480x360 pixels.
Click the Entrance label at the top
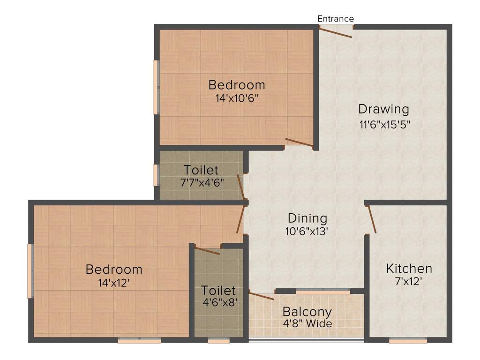point(335,19)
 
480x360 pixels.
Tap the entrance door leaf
point(336,32)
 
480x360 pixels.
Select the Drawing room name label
point(383,109)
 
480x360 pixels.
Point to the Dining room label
point(307,218)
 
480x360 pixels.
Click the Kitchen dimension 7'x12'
point(408,282)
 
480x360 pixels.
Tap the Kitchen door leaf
point(372,219)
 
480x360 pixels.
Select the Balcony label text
point(307,312)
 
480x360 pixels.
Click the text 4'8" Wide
point(307,324)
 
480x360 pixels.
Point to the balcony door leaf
point(261,295)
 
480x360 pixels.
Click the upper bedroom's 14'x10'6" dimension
point(236,98)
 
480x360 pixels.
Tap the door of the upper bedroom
point(299,143)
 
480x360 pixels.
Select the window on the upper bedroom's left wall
point(156,87)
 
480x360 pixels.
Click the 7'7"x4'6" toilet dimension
point(202,182)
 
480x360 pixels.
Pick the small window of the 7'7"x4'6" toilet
point(156,175)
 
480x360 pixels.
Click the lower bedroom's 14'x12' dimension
point(113,283)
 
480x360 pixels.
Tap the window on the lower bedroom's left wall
point(30,271)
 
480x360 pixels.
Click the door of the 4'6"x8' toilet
point(207,250)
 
